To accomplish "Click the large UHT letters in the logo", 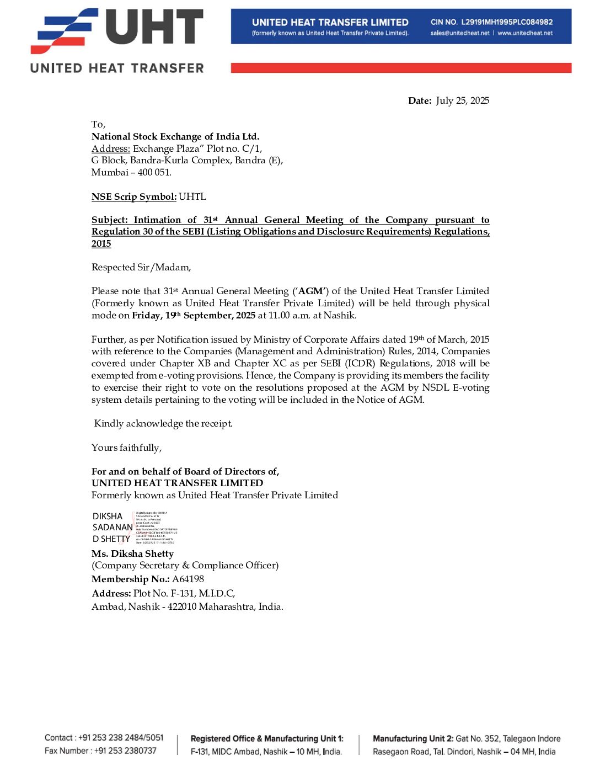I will (x=154, y=28).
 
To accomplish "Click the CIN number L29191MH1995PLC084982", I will (x=507, y=22).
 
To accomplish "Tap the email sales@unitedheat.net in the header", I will (x=460, y=33).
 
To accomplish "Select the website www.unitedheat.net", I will (x=525, y=33).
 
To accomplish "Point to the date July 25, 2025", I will (x=462, y=100).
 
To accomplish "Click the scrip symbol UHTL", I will (x=192, y=196).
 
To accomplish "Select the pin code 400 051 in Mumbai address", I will (x=154, y=172).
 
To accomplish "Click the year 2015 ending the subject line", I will (x=101, y=243).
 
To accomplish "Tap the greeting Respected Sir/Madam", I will (x=141, y=267).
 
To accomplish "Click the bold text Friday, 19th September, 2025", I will (x=194, y=315).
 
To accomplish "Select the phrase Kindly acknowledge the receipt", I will (x=163, y=423).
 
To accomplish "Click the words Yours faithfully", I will (x=126, y=448).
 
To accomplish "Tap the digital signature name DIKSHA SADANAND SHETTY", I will (x=113, y=528).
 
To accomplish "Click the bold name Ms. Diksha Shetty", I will (x=132, y=554).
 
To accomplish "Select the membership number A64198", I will (x=188, y=579).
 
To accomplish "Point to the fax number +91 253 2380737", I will (x=125, y=751).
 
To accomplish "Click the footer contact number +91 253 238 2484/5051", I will (x=121, y=738).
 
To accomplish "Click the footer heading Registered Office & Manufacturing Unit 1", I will (x=267, y=738).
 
